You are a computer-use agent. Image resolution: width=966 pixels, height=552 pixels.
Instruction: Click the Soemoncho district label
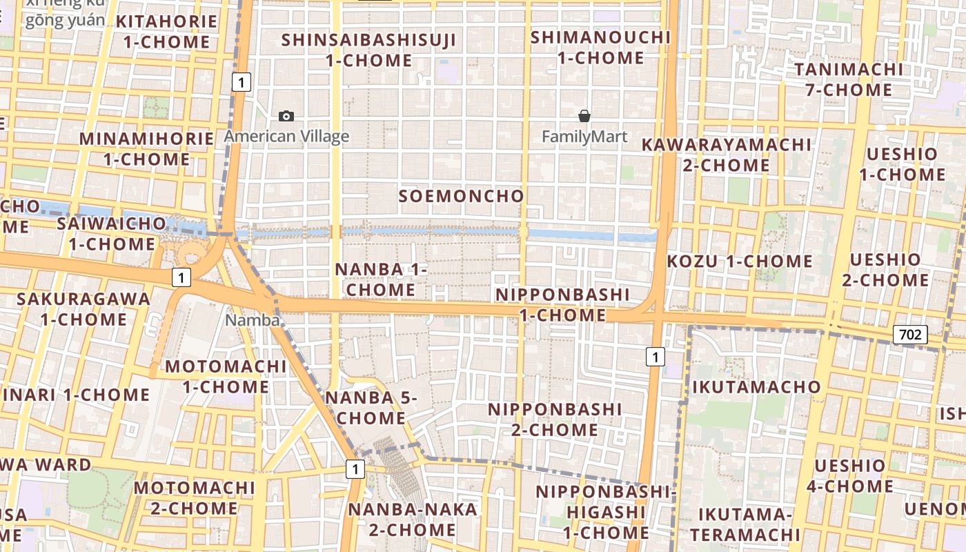(x=462, y=196)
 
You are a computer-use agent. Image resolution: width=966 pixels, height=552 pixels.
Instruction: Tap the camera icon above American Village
(x=286, y=117)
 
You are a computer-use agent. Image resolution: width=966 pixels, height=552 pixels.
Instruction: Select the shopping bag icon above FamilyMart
(x=584, y=116)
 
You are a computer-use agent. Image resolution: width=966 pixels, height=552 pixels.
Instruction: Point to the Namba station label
(x=253, y=320)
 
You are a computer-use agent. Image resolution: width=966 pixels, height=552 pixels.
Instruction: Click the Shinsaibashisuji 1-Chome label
(x=368, y=50)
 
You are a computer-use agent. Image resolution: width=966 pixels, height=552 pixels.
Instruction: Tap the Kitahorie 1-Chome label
(x=166, y=32)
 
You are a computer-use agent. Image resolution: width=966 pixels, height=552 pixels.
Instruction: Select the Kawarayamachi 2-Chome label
(x=727, y=155)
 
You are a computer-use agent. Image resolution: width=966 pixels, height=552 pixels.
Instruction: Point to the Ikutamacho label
(x=756, y=386)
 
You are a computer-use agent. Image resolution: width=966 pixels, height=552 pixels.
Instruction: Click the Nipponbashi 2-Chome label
(x=555, y=420)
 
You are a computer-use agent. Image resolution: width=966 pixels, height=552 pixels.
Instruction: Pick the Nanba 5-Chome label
(x=371, y=408)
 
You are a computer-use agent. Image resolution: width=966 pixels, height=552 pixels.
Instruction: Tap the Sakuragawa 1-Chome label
(x=83, y=309)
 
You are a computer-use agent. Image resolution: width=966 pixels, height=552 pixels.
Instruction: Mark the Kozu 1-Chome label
(x=740, y=262)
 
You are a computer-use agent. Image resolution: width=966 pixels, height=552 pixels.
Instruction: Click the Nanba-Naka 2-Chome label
(x=413, y=520)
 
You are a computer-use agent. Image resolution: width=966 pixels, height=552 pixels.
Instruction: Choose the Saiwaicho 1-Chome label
(x=112, y=234)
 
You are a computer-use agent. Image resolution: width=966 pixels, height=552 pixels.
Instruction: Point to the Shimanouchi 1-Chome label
(x=600, y=48)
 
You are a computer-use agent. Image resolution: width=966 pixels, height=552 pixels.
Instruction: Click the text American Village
(x=286, y=137)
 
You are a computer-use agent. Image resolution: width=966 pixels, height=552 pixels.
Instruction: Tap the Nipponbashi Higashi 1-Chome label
(x=603, y=512)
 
